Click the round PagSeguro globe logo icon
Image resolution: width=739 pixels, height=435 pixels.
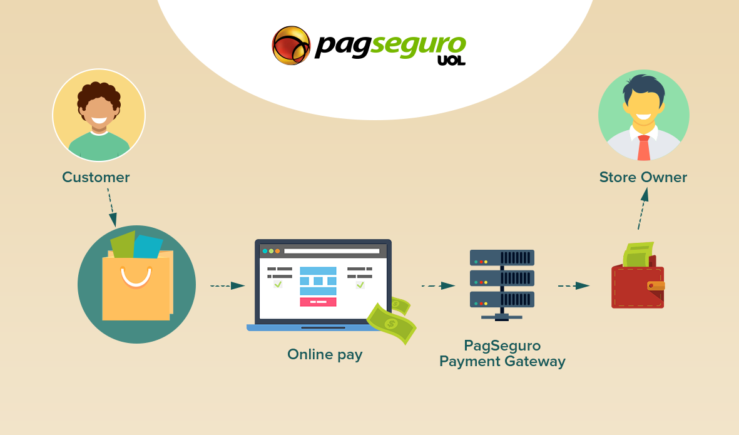tap(291, 45)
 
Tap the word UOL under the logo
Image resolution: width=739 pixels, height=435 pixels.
tap(451, 60)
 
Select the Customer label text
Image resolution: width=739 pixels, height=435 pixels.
tap(96, 177)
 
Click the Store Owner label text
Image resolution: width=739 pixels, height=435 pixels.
tap(643, 177)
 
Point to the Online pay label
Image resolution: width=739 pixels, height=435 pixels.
tap(325, 355)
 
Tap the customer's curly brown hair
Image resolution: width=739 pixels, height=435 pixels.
tap(99, 95)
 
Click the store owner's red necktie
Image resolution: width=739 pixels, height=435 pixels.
tap(644, 148)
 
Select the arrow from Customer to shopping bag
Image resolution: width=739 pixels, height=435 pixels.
tap(112, 208)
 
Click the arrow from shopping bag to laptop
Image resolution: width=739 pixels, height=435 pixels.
tap(227, 285)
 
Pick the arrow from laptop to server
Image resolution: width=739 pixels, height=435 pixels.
tap(438, 285)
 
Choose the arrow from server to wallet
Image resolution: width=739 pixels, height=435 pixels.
tap(574, 285)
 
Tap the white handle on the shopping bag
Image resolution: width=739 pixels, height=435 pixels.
tap(136, 277)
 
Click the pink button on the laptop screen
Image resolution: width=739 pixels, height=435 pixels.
tap(318, 302)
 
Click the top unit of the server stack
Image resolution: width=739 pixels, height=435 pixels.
tap(502, 258)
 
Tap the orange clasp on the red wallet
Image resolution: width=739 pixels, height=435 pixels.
tap(656, 285)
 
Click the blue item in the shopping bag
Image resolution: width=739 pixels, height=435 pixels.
tap(148, 247)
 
